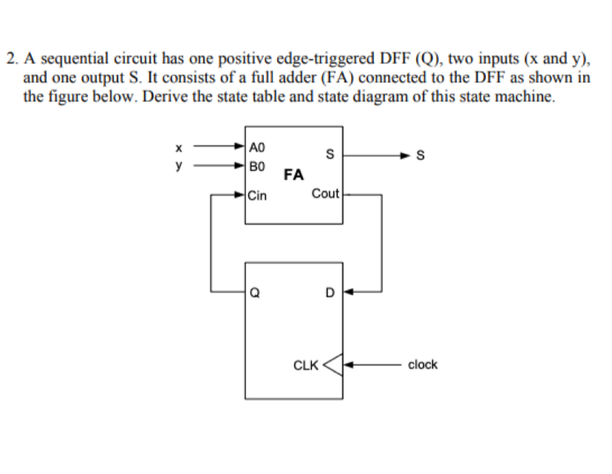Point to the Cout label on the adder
[325, 193]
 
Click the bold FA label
[293, 175]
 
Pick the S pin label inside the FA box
[331, 154]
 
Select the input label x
[177, 145]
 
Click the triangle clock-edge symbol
[334, 364]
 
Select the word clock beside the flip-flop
[423, 364]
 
